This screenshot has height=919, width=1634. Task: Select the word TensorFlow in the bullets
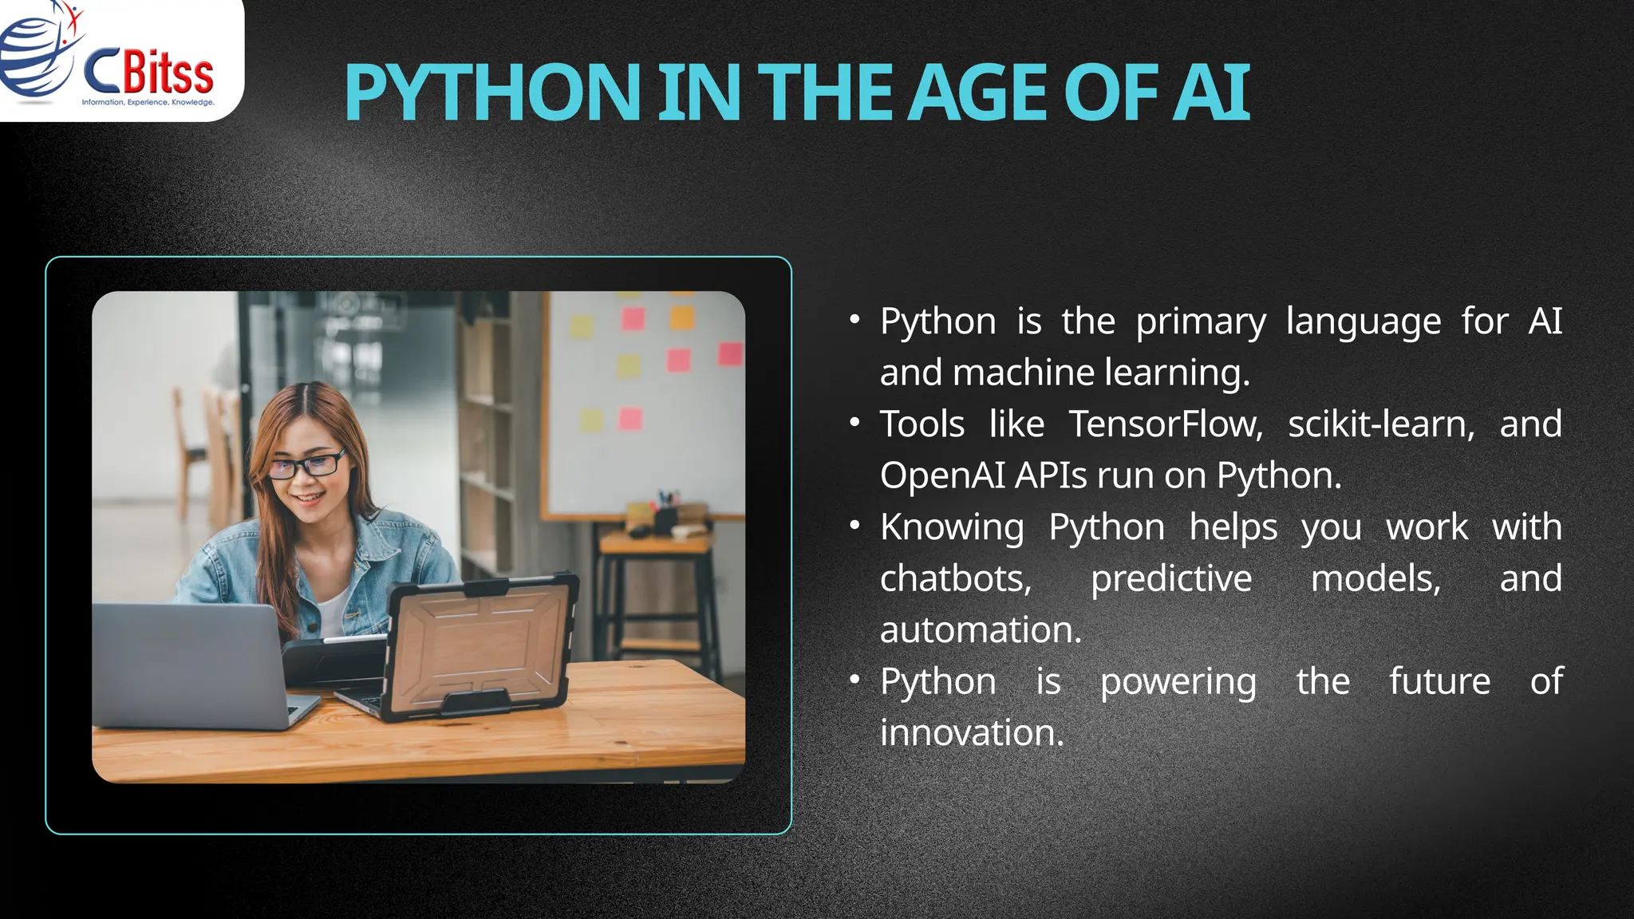point(1166,424)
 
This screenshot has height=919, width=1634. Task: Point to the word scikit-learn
point(1381,424)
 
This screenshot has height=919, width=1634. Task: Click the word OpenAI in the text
point(942,475)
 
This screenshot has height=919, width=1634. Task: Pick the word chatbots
point(955,578)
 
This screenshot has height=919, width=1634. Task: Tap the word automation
point(980,630)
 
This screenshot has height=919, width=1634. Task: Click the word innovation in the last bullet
point(971,733)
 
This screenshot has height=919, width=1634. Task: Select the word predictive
point(1170,578)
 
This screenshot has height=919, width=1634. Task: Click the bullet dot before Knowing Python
point(854,526)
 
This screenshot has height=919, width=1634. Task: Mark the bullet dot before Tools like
point(854,423)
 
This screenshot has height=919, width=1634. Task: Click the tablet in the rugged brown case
point(479,646)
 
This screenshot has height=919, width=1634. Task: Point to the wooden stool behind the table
point(654,590)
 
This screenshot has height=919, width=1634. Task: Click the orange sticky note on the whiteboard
point(682,318)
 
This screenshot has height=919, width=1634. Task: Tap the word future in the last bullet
point(1439,681)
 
